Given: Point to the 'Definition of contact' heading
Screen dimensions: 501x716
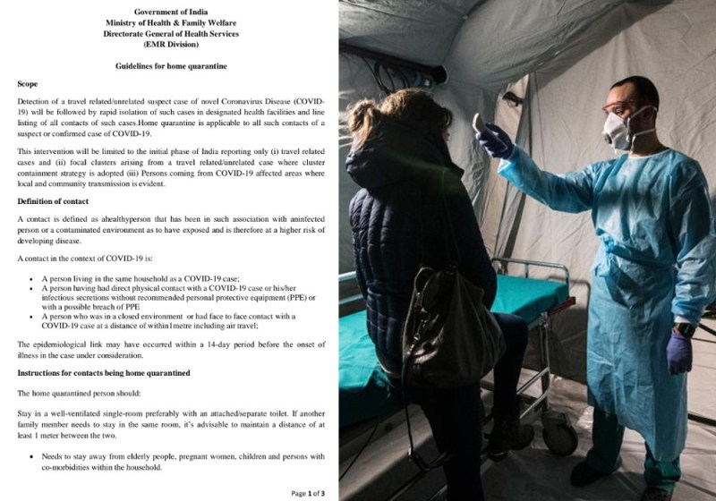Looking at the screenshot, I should click(60, 200).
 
